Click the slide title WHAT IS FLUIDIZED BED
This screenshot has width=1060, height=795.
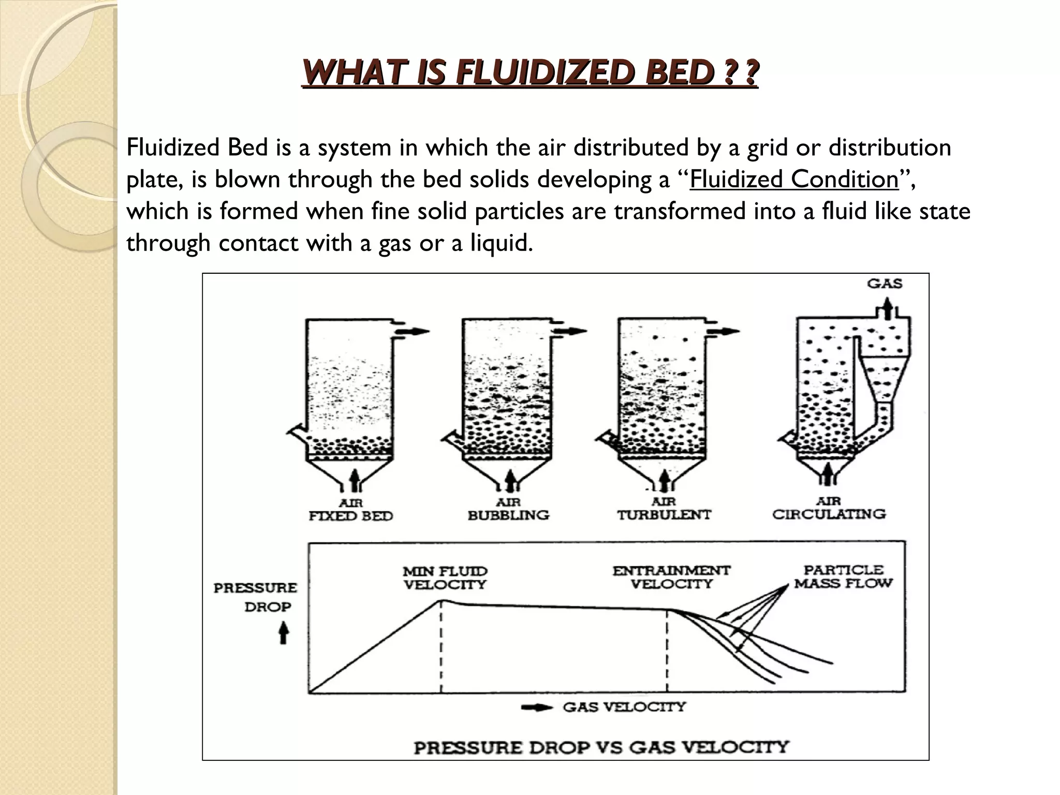(x=530, y=73)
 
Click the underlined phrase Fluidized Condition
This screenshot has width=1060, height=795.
(x=794, y=180)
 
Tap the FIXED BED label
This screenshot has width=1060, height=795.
(x=350, y=516)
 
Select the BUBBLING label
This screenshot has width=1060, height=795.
(x=508, y=516)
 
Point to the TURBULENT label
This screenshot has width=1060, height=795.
(x=664, y=515)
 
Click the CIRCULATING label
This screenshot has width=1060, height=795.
(x=829, y=514)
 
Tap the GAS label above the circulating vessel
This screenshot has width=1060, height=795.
(x=885, y=284)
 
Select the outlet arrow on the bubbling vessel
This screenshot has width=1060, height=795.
(x=572, y=331)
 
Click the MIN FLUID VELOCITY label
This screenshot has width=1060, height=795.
(x=445, y=578)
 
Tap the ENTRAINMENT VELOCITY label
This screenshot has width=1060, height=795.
(x=671, y=577)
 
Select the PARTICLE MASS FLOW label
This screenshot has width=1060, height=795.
(x=843, y=577)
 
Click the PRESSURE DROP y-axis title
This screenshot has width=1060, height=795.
(x=256, y=597)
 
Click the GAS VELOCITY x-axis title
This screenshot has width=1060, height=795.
(x=624, y=707)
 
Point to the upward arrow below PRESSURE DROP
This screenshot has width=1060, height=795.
(x=283, y=632)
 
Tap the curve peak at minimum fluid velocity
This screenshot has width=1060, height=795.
(x=441, y=600)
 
